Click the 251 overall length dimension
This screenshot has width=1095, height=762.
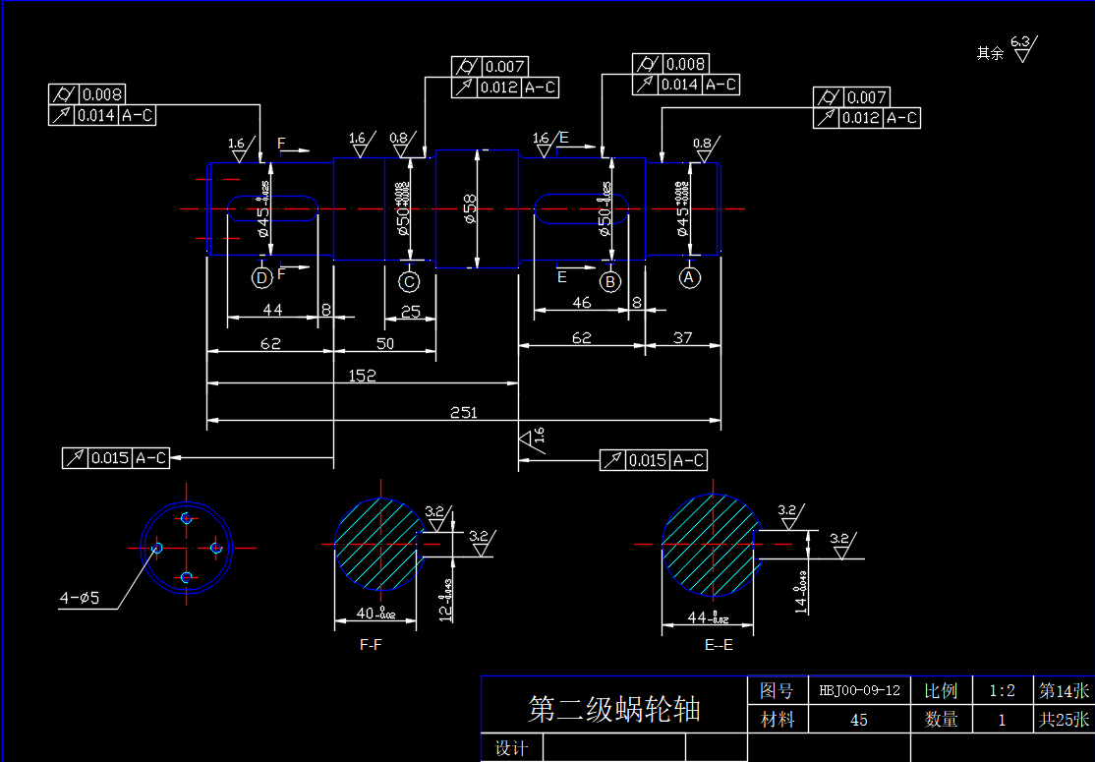pos(463,413)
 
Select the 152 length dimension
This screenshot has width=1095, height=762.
pos(362,376)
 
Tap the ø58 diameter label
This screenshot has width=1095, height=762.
pos(470,208)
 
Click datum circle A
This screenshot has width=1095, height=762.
pos(690,278)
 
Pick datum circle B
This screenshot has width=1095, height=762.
pos(610,282)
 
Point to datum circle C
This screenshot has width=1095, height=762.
pos(409,282)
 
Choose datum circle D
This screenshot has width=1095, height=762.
pos(261,278)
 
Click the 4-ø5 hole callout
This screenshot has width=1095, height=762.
pos(80,597)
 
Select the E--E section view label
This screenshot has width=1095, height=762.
pos(719,645)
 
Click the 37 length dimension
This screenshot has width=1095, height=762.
pos(682,337)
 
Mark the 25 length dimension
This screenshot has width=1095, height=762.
pos(410,312)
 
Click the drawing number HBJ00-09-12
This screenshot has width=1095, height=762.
pos(859,690)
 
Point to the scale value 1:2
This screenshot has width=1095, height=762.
pos(1002,690)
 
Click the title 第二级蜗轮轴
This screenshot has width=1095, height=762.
pos(614,708)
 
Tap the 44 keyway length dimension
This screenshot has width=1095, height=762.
pos(272,311)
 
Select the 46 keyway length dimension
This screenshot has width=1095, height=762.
pos(581,303)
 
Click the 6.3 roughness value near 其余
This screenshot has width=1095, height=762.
pos(1020,41)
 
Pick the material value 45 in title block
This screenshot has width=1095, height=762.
pos(858,720)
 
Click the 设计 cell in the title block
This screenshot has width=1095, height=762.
pos(512,748)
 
